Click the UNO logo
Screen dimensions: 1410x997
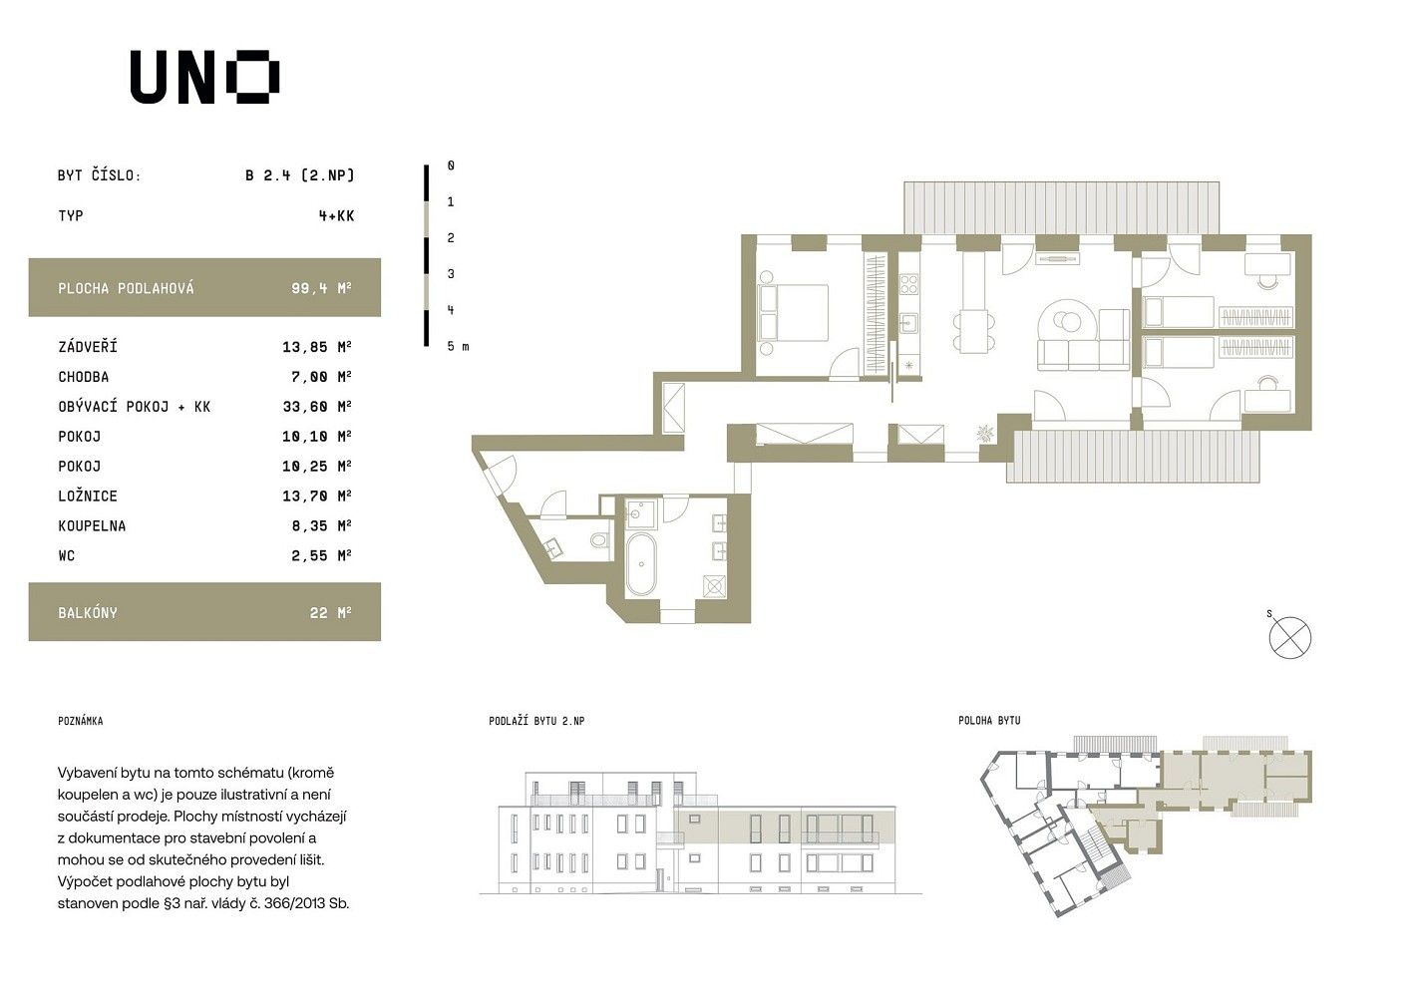point(204,77)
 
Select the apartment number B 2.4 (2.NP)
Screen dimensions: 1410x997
point(299,175)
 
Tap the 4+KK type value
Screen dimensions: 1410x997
point(336,216)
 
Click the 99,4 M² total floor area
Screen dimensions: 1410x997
point(321,288)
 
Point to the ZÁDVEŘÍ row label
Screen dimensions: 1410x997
point(88,347)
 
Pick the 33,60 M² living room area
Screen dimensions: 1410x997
point(317,407)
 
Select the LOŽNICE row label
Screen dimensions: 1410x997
point(88,496)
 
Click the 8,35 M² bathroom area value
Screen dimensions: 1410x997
point(321,525)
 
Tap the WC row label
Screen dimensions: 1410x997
point(66,555)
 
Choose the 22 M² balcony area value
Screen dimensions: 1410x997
point(330,612)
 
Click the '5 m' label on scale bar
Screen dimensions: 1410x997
point(458,346)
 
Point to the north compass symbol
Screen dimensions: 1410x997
point(1289,637)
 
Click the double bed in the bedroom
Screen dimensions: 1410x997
point(793,313)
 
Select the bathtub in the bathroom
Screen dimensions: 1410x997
point(641,564)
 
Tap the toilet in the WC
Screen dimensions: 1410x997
point(600,540)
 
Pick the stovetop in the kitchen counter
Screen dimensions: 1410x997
point(908,284)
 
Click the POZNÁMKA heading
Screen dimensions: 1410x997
point(80,721)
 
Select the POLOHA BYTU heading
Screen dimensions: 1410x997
point(989,720)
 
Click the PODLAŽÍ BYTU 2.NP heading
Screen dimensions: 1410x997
point(536,721)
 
